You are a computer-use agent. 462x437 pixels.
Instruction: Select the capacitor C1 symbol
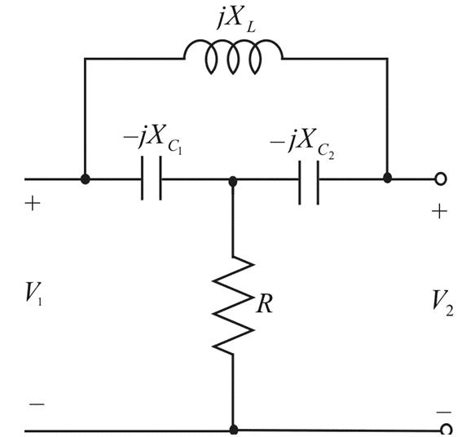tap(151, 179)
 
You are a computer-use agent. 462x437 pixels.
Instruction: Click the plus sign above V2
tap(440, 212)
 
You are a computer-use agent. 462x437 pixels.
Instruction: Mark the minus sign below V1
tap(37, 404)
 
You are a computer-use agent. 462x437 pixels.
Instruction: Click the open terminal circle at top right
tap(445, 179)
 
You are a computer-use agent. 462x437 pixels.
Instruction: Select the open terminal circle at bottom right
tap(445, 429)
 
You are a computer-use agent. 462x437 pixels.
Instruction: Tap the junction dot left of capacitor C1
tap(85, 179)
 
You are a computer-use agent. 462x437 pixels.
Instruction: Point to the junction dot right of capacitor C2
tap(388, 178)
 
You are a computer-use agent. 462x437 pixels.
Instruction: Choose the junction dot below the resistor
tap(233, 428)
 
